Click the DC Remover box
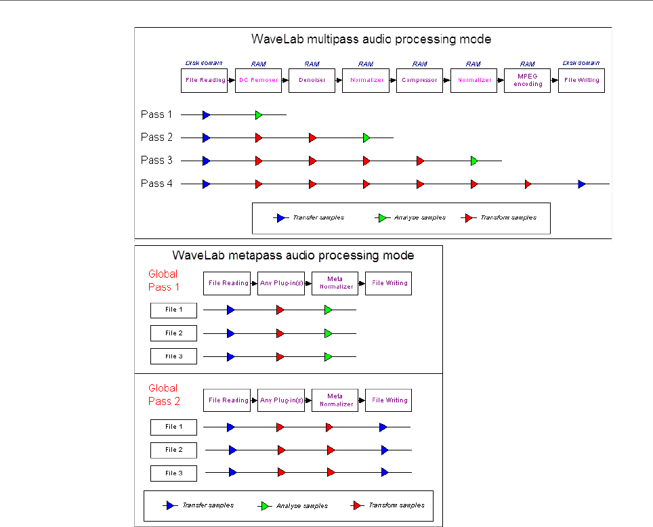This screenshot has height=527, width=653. click(x=258, y=81)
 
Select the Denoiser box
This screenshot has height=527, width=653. click(x=312, y=81)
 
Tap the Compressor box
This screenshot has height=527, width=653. click(x=419, y=81)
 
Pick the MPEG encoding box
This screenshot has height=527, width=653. click(x=528, y=81)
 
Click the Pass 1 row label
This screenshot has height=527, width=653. click(x=156, y=114)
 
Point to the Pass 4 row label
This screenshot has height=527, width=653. click(x=156, y=184)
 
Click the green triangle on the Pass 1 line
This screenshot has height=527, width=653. click(x=258, y=115)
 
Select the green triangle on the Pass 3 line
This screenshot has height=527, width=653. click(x=474, y=161)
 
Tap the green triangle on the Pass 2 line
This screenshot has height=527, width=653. click(x=366, y=138)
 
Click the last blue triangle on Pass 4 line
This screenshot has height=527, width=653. click(x=581, y=184)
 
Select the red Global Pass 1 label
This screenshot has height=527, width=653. click(x=163, y=280)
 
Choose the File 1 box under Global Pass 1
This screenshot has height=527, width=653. click(x=173, y=310)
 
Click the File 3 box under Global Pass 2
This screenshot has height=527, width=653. click(x=173, y=473)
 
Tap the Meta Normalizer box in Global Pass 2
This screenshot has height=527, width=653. click(x=335, y=400)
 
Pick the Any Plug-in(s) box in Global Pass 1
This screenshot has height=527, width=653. click(x=280, y=283)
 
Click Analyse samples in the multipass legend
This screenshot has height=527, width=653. click(x=419, y=218)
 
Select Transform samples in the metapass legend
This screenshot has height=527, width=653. click(x=396, y=505)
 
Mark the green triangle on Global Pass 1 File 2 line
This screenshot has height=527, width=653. click(x=328, y=333)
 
